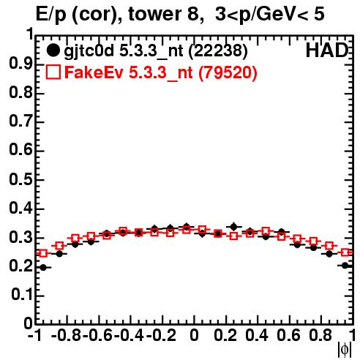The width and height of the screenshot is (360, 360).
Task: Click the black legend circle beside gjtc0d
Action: (x=53, y=50)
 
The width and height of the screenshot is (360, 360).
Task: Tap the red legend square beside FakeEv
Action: (x=53, y=72)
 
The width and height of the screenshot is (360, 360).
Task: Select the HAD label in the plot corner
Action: (x=327, y=50)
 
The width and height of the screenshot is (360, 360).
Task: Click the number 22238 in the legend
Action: (x=218, y=50)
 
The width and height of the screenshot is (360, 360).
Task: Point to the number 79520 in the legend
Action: (x=228, y=72)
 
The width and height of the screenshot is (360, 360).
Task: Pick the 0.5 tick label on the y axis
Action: (x=20, y=179)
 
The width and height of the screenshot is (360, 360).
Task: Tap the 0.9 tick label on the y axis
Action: (x=20, y=64)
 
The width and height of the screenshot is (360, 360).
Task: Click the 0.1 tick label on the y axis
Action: (x=22, y=295)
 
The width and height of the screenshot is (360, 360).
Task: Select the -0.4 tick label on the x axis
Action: (x=129, y=335)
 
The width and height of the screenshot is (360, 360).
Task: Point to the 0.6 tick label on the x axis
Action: (x=288, y=335)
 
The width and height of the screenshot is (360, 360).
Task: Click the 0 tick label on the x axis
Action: (x=194, y=335)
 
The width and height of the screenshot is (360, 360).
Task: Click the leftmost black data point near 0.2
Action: (x=43, y=268)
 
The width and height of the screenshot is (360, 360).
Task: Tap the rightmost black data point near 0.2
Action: (x=345, y=266)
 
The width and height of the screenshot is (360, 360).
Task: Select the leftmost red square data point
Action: (x=43, y=253)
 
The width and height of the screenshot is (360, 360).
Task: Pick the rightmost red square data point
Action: (x=345, y=252)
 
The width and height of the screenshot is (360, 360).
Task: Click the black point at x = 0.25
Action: (x=234, y=227)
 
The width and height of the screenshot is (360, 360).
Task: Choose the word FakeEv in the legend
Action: (x=94, y=72)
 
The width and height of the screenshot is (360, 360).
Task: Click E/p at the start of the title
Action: (x=51, y=15)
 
